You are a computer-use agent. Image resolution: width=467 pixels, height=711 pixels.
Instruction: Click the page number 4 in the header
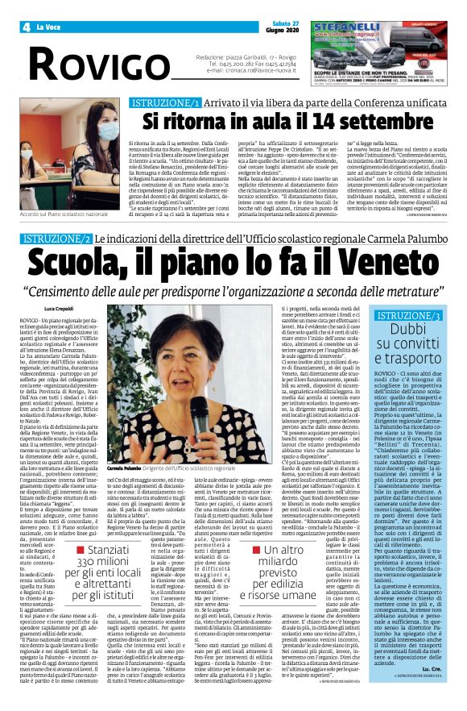pyautogui.click(x=27, y=27)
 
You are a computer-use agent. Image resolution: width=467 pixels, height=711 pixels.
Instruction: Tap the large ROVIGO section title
pyautogui.click(x=93, y=64)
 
